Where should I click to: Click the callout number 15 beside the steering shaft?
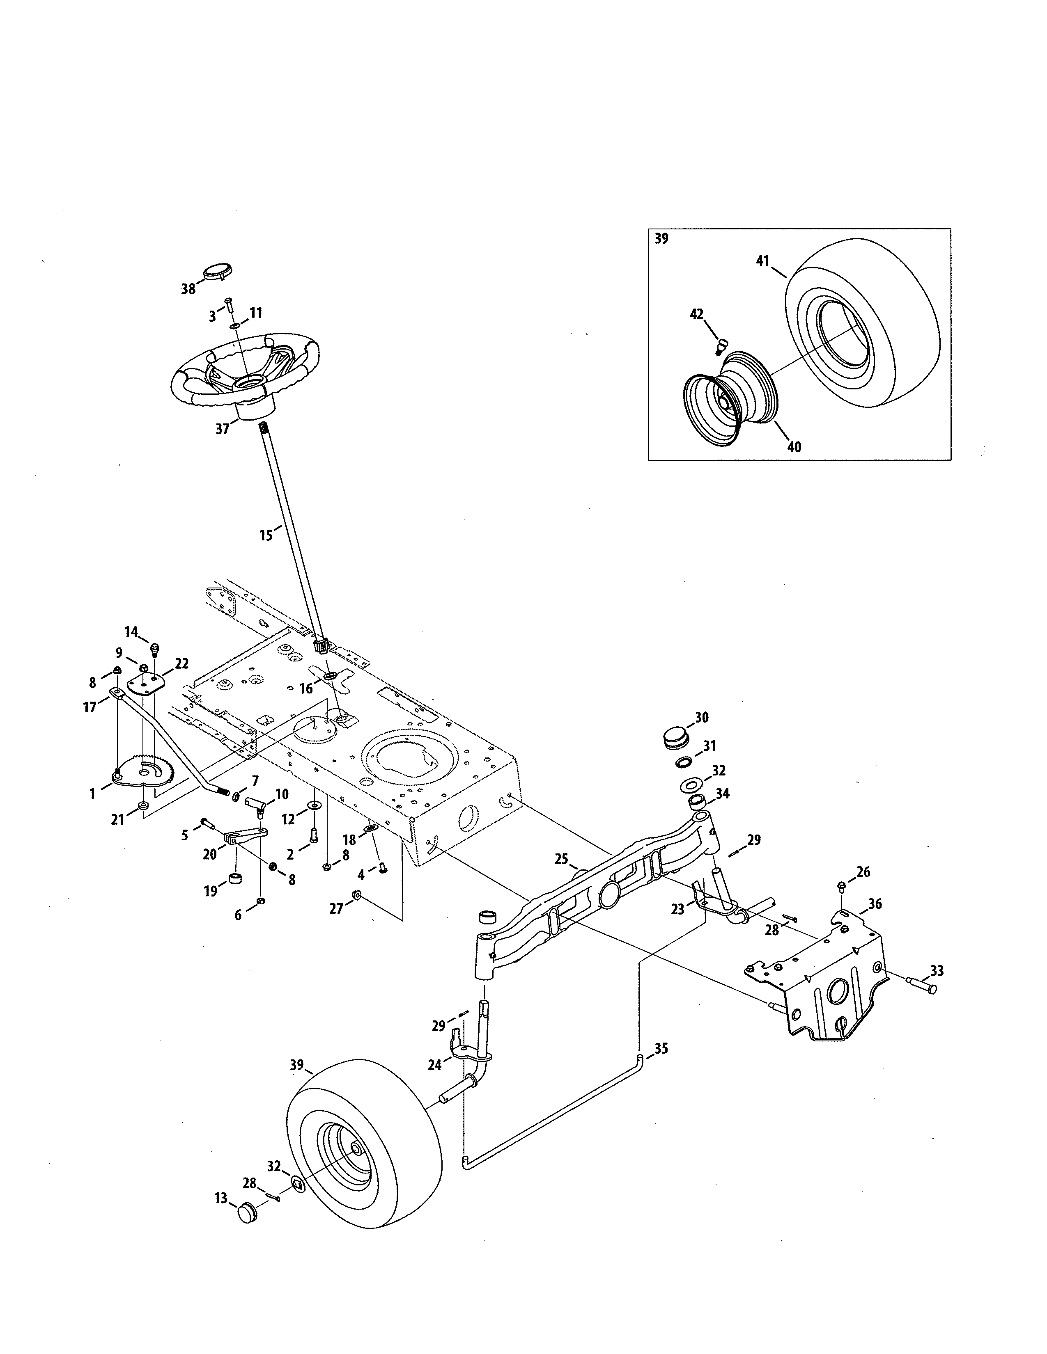[266, 535]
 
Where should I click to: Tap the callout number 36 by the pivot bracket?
[875, 905]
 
